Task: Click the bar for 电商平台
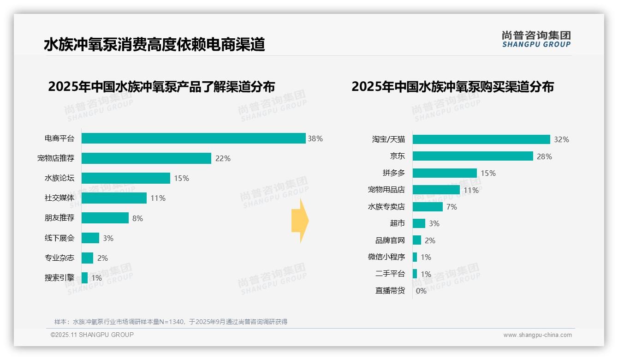[193, 138]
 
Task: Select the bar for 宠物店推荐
[146, 158]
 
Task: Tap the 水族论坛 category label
[59, 178]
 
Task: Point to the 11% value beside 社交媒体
[158, 198]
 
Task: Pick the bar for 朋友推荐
[105, 218]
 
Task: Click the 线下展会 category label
[59, 238]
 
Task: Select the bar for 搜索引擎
[85, 278]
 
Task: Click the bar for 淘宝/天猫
[481, 139]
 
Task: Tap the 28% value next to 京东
[544, 156]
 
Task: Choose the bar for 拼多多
[445, 173]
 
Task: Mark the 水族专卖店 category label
[386, 207]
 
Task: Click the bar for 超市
[419, 223]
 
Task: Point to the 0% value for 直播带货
[421, 291]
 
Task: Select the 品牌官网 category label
[390, 240]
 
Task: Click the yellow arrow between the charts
[300, 221]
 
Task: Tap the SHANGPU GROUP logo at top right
[536, 39]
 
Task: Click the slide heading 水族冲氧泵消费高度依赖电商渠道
[154, 45]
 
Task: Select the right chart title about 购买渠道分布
[452, 87]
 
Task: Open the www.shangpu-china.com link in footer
[537, 335]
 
